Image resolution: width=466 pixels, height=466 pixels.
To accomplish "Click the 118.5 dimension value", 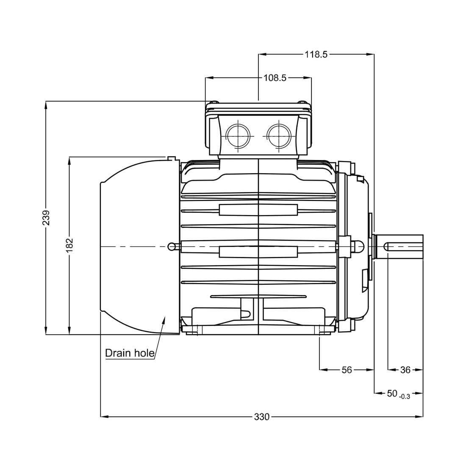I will [316, 54].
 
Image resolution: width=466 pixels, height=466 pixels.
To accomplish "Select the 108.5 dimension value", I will [275, 78].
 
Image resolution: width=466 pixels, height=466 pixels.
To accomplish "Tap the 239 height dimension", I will [46, 218].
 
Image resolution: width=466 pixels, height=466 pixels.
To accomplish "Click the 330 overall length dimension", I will [262, 417].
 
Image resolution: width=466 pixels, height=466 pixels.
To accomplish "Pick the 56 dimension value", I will [347, 370].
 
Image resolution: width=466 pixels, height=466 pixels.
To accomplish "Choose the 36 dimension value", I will [405, 370].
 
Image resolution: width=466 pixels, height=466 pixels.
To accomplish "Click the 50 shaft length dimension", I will [392, 394].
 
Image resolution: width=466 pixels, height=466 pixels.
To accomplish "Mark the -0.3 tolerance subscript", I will [405, 397].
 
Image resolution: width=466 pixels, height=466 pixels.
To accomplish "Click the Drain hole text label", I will [129, 353].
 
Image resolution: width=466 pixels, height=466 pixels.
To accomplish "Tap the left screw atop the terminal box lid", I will [215, 102].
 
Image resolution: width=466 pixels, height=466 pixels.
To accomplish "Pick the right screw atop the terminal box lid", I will [302, 102].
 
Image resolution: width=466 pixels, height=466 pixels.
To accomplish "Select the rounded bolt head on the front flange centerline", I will [358, 246].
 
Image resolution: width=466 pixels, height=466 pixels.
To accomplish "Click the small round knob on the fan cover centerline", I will [171, 246].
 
